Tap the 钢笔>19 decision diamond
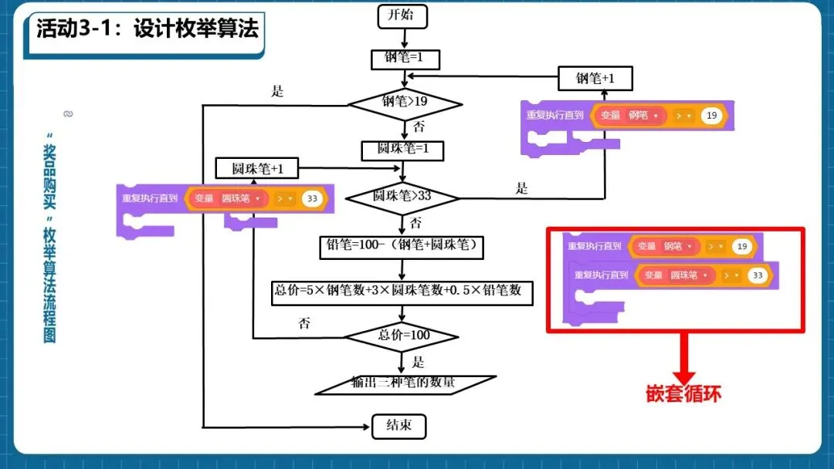point(405,102)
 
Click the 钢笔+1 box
point(595,78)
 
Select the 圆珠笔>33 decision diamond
point(402,197)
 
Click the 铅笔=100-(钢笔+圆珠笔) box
point(402,247)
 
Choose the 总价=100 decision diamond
point(402,336)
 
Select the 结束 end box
point(398,426)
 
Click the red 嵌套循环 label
point(683,393)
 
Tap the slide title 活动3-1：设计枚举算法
point(147,29)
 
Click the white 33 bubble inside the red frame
point(757,275)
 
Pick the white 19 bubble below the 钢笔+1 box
point(712,116)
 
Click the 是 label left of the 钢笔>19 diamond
point(278,91)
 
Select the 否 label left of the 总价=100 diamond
point(304,323)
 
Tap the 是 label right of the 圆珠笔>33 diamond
point(522,187)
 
